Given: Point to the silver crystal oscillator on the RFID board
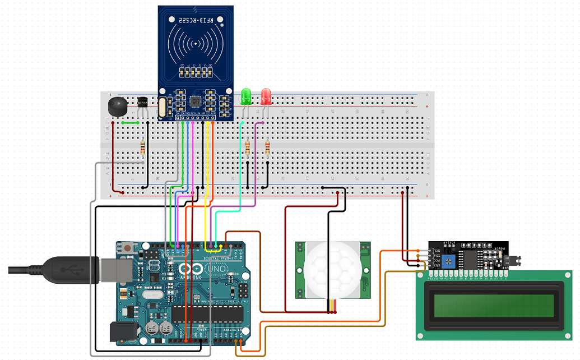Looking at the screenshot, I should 163,107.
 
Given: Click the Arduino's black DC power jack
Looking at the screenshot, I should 122,332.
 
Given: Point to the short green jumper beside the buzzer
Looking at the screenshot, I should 130,123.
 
